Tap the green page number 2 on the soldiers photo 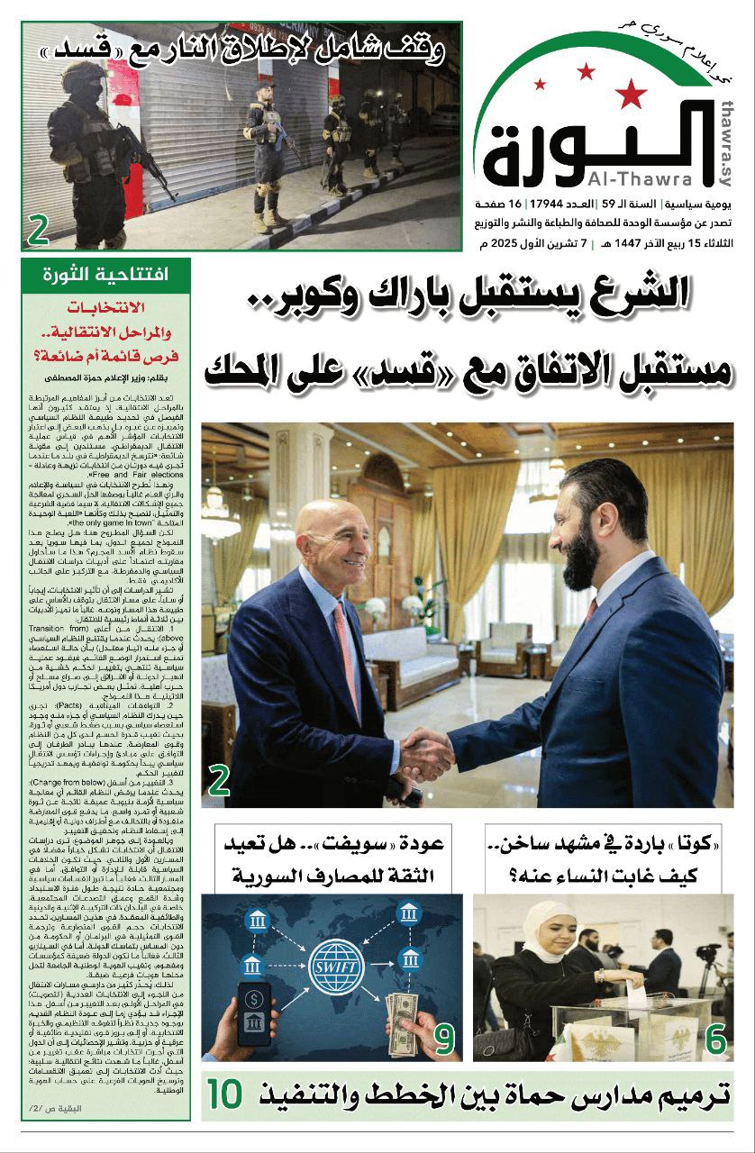point(38,231)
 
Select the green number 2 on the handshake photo point(218,780)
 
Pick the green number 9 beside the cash point(443,1039)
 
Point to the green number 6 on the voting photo point(715,1040)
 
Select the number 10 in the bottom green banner point(225,1094)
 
